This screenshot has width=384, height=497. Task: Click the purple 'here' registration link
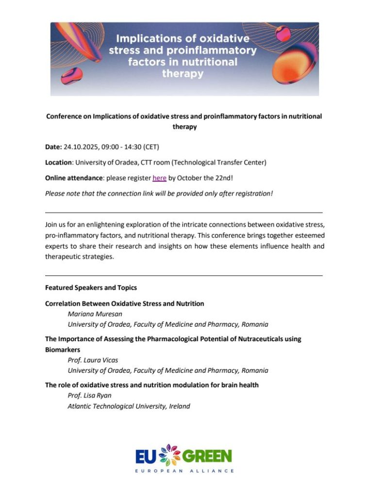tap(159, 178)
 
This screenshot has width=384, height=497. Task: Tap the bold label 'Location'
tap(58, 162)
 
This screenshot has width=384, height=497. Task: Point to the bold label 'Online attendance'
tap(73, 178)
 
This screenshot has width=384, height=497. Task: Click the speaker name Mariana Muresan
tap(95, 314)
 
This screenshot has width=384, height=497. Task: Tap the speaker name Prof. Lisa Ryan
tap(89, 396)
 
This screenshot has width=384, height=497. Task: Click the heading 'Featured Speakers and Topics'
tap(91, 287)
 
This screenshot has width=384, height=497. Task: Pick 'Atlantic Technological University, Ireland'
tap(129, 406)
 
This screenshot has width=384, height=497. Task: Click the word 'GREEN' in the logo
tap(207, 456)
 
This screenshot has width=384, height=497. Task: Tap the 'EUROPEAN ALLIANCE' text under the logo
tap(184, 471)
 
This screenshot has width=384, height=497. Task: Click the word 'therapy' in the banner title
tap(183, 74)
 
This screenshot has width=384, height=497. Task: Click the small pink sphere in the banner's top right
tap(283, 33)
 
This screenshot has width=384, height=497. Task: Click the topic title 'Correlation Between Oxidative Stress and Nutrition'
tap(124, 303)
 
